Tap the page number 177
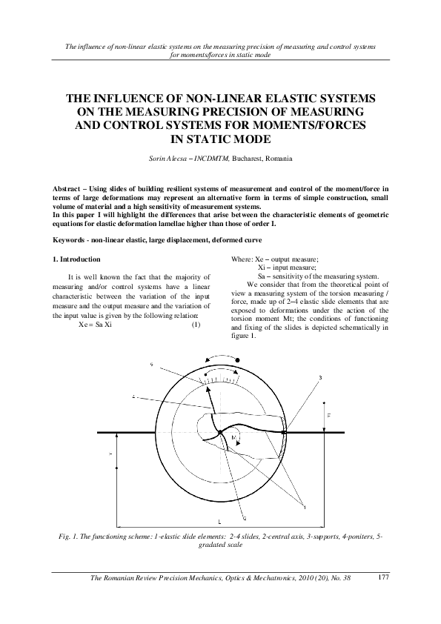(384, 577)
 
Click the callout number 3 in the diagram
(319, 378)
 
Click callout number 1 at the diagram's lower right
(304, 506)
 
